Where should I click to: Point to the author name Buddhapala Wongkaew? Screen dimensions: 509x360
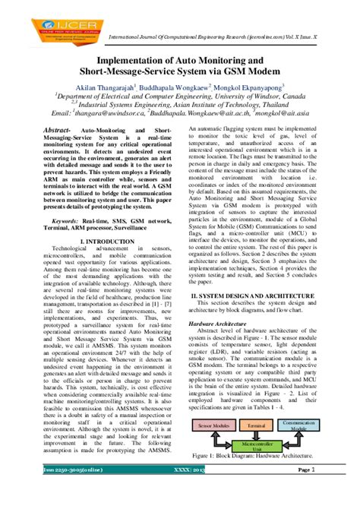[x=180, y=88]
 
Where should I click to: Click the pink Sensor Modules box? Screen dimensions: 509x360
[x=213, y=428]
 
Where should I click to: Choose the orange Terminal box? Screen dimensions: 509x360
[x=257, y=428]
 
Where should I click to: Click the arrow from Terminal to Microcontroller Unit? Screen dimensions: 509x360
[x=257, y=435]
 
